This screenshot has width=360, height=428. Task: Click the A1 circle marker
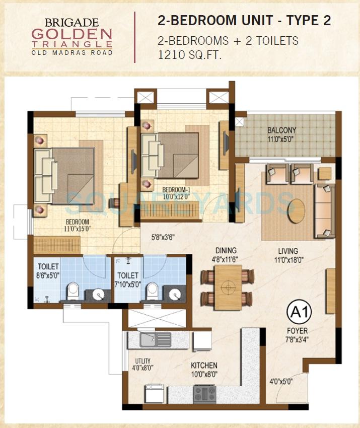click(299, 312)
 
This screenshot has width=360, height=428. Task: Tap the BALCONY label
click(281, 130)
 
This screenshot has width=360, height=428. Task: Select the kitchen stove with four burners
click(204, 393)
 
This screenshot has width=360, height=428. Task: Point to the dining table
click(227, 287)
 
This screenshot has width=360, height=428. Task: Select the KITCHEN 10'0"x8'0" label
click(204, 366)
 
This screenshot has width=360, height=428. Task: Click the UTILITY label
click(143, 361)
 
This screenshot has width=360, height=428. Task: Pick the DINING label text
click(226, 250)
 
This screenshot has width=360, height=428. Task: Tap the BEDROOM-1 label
click(176, 189)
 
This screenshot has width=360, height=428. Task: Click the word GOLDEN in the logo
click(71, 34)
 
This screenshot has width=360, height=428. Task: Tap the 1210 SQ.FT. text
click(189, 54)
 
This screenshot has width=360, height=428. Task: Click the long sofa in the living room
click(324, 210)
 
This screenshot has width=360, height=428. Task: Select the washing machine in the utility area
click(153, 392)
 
